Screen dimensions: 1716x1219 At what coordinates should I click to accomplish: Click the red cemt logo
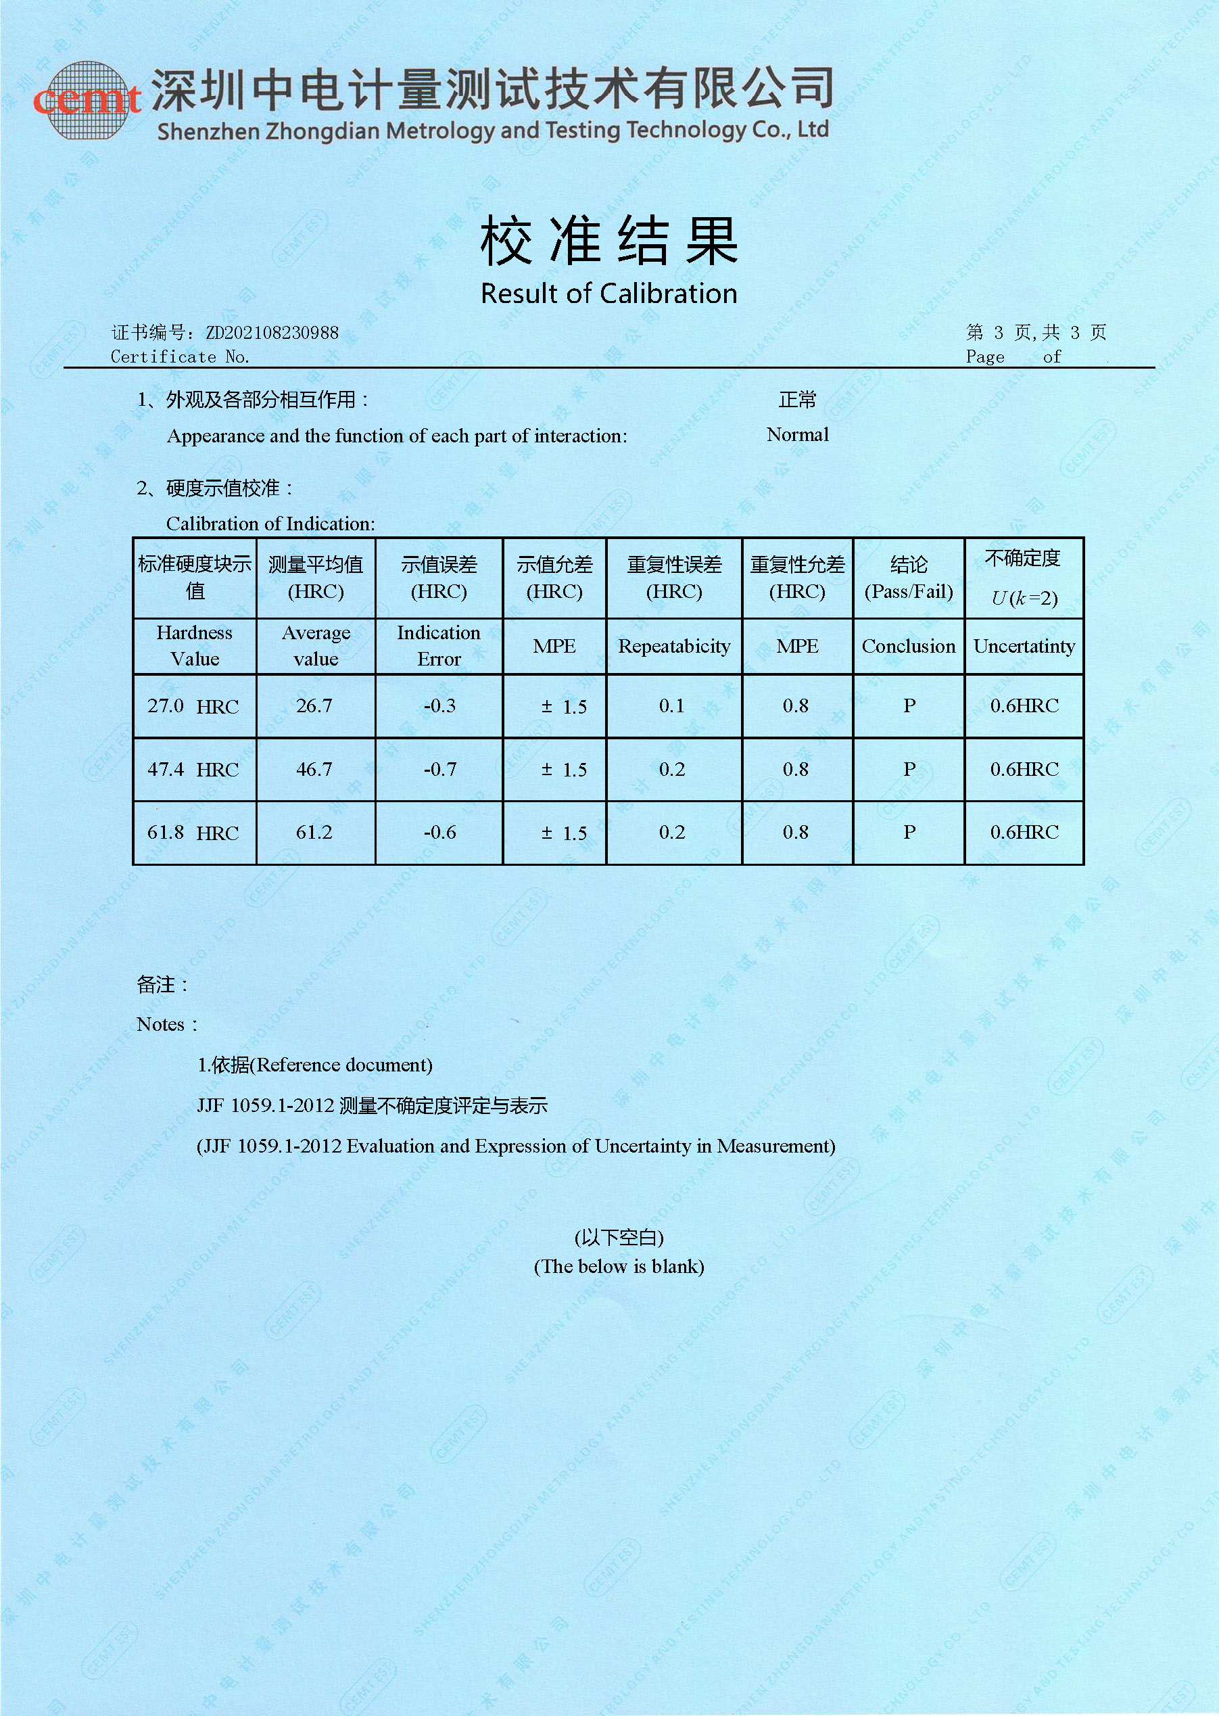pos(87,101)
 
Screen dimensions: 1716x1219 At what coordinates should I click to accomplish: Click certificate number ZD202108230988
pos(272,333)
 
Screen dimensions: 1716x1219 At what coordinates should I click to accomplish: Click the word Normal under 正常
pos(797,435)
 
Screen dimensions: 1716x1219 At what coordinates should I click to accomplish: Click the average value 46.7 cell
pos(314,769)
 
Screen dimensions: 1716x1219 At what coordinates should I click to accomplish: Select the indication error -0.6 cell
pos(439,832)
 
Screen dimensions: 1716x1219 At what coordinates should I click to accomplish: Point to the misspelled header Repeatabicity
pos(673,647)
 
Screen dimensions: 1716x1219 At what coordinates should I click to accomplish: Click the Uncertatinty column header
pos(1024,647)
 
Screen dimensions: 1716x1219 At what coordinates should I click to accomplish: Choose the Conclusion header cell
pos(908,647)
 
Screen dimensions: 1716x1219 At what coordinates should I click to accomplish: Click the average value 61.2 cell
pos(314,832)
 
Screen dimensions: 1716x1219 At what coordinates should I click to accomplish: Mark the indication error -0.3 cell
pos(439,706)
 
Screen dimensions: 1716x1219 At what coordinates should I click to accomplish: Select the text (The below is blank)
pos(619,1267)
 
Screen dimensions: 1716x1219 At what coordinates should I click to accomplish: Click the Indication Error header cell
pos(439,646)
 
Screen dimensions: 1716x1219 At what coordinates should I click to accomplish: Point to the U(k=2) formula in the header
pos(1024,598)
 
